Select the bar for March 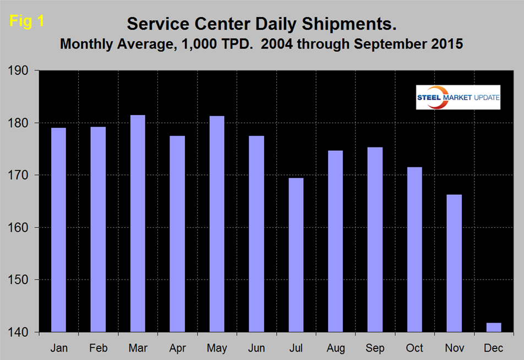[x=138, y=223]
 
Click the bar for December [x=494, y=328]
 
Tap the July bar [x=296, y=255]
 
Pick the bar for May [x=216, y=224]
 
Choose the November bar [x=454, y=263]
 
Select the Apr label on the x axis [x=177, y=348]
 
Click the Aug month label [x=335, y=348]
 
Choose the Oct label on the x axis [x=414, y=348]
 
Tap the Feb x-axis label [x=98, y=348]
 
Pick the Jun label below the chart [x=256, y=348]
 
